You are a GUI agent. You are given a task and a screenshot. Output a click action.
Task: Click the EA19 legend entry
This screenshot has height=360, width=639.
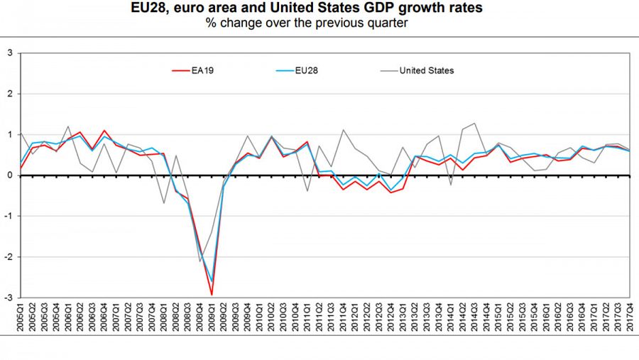click(x=197, y=70)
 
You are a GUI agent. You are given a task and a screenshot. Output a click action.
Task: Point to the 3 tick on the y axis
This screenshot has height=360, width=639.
click(x=10, y=53)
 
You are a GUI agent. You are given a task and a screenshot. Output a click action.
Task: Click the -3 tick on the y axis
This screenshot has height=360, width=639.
click(x=9, y=298)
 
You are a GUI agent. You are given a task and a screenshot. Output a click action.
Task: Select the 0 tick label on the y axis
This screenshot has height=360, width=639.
click(x=10, y=175)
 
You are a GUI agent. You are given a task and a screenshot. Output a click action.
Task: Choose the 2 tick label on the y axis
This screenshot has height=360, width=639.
click(x=10, y=94)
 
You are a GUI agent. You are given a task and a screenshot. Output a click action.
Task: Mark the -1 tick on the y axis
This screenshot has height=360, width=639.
click(x=9, y=216)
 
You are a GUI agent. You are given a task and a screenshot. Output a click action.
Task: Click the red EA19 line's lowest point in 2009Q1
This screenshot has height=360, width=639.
click(x=212, y=295)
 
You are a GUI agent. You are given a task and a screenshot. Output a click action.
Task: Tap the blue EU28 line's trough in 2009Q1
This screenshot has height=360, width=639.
click(x=212, y=281)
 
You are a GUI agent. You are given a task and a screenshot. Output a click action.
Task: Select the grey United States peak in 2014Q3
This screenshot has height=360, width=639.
click(x=474, y=124)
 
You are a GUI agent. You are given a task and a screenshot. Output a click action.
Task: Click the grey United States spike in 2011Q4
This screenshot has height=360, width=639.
click(x=343, y=130)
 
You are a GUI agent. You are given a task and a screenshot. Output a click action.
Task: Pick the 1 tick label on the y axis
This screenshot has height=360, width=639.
click(x=10, y=134)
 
